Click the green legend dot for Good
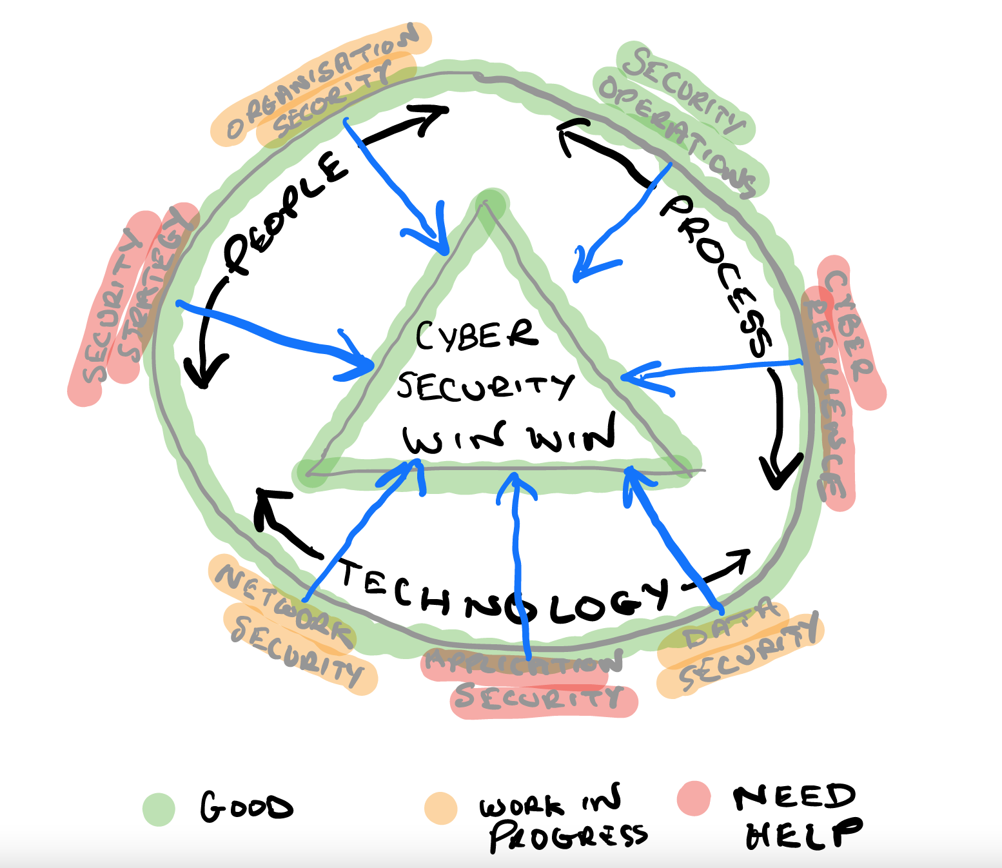(159, 809)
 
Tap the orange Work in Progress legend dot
(441, 808)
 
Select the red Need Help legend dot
(694, 798)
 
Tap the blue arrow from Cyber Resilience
(709, 369)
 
